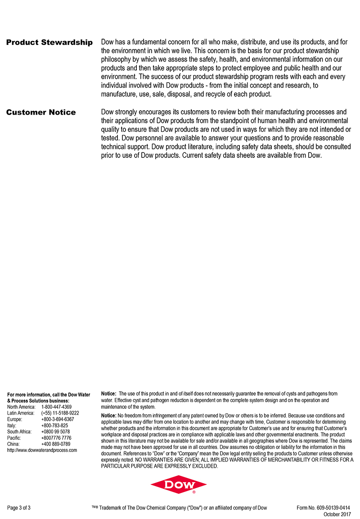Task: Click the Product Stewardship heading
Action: pyautogui.click(x=49, y=43)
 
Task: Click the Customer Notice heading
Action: pyautogui.click(x=41, y=112)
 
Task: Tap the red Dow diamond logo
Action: pyautogui.click(x=179, y=485)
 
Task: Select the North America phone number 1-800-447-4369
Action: pyautogui.click(x=56, y=407)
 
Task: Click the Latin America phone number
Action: pyautogui.click(x=60, y=413)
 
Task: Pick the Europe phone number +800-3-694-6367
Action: pyautogui.click(x=58, y=419)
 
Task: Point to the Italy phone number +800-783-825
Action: pyautogui.click(x=54, y=425)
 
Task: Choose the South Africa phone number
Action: pyautogui.click(x=55, y=432)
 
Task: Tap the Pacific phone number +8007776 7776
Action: pyautogui.click(x=56, y=438)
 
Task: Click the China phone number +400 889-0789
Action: pyautogui.click(x=56, y=444)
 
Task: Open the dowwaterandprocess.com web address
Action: pyautogui.click(x=42, y=450)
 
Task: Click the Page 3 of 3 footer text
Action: pyautogui.click(x=19, y=508)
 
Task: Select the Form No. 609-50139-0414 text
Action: pyautogui.click(x=324, y=508)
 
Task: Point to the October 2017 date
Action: pyautogui.click(x=337, y=514)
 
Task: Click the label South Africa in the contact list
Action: pyautogui.click(x=19, y=432)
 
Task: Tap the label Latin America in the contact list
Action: pyautogui.click(x=21, y=413)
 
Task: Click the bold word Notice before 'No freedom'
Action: pyautogui.click(x=109, y=416)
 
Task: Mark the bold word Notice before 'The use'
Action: pyautogui.click(x=109, y=394)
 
